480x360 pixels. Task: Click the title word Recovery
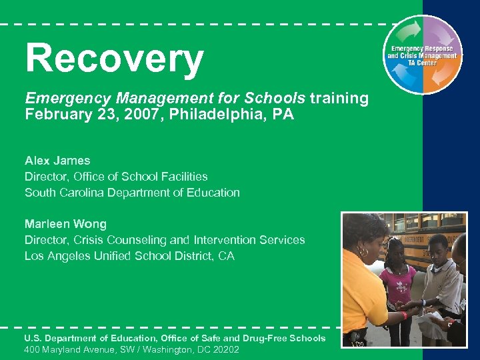coord(114,59)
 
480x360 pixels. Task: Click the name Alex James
coord(57,161)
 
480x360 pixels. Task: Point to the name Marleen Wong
coord(65,224)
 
